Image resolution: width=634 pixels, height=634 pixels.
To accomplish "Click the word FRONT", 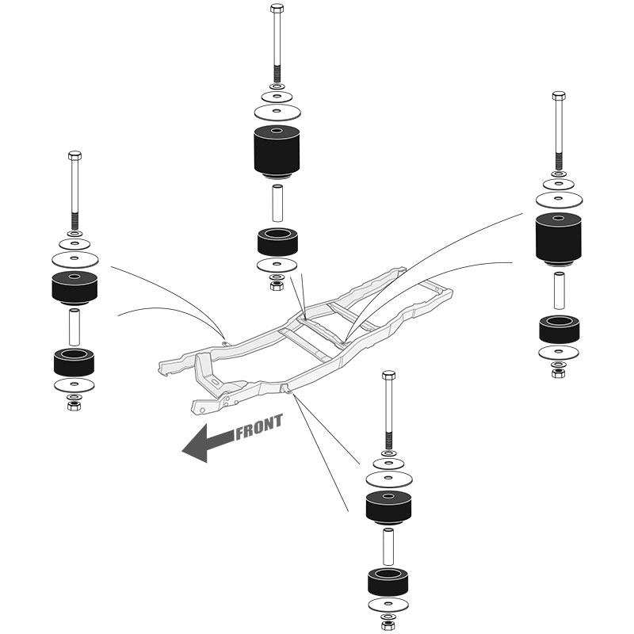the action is tap(259, 427).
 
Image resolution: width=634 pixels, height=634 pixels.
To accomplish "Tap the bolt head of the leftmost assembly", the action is tap(74, 155).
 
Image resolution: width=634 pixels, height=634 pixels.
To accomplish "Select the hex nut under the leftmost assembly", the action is tap(74, 406).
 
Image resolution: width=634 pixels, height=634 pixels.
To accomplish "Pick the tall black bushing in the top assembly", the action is tap(277, 151).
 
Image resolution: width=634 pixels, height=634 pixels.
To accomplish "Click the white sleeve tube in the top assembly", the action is tap(277, 203).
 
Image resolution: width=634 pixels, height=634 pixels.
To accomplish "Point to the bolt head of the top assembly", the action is tap(277, 8).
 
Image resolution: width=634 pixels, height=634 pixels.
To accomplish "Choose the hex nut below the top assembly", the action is tap(277, 285).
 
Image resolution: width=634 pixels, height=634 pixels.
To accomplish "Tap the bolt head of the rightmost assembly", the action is tap(559, 96).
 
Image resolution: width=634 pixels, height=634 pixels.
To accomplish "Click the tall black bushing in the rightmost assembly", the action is tap(559, 239).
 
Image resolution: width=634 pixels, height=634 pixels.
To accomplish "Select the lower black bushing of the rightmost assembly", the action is tap(560, 329).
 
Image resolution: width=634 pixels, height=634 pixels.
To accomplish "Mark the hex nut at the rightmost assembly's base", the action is tap(559, 372).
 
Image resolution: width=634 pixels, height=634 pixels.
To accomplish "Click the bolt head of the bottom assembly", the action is tap(388, 374).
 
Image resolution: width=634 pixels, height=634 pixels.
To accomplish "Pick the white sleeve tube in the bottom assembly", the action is tap(388, 546).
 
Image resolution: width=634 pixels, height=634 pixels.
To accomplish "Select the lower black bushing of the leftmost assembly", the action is tap(74, 362).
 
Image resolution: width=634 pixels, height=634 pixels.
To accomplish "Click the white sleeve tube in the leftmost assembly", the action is tap(74, 327).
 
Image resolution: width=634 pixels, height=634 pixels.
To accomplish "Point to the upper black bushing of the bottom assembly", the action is tap(388, 508).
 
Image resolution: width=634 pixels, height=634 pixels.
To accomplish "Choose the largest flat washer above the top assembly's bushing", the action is tap(277, 112).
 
